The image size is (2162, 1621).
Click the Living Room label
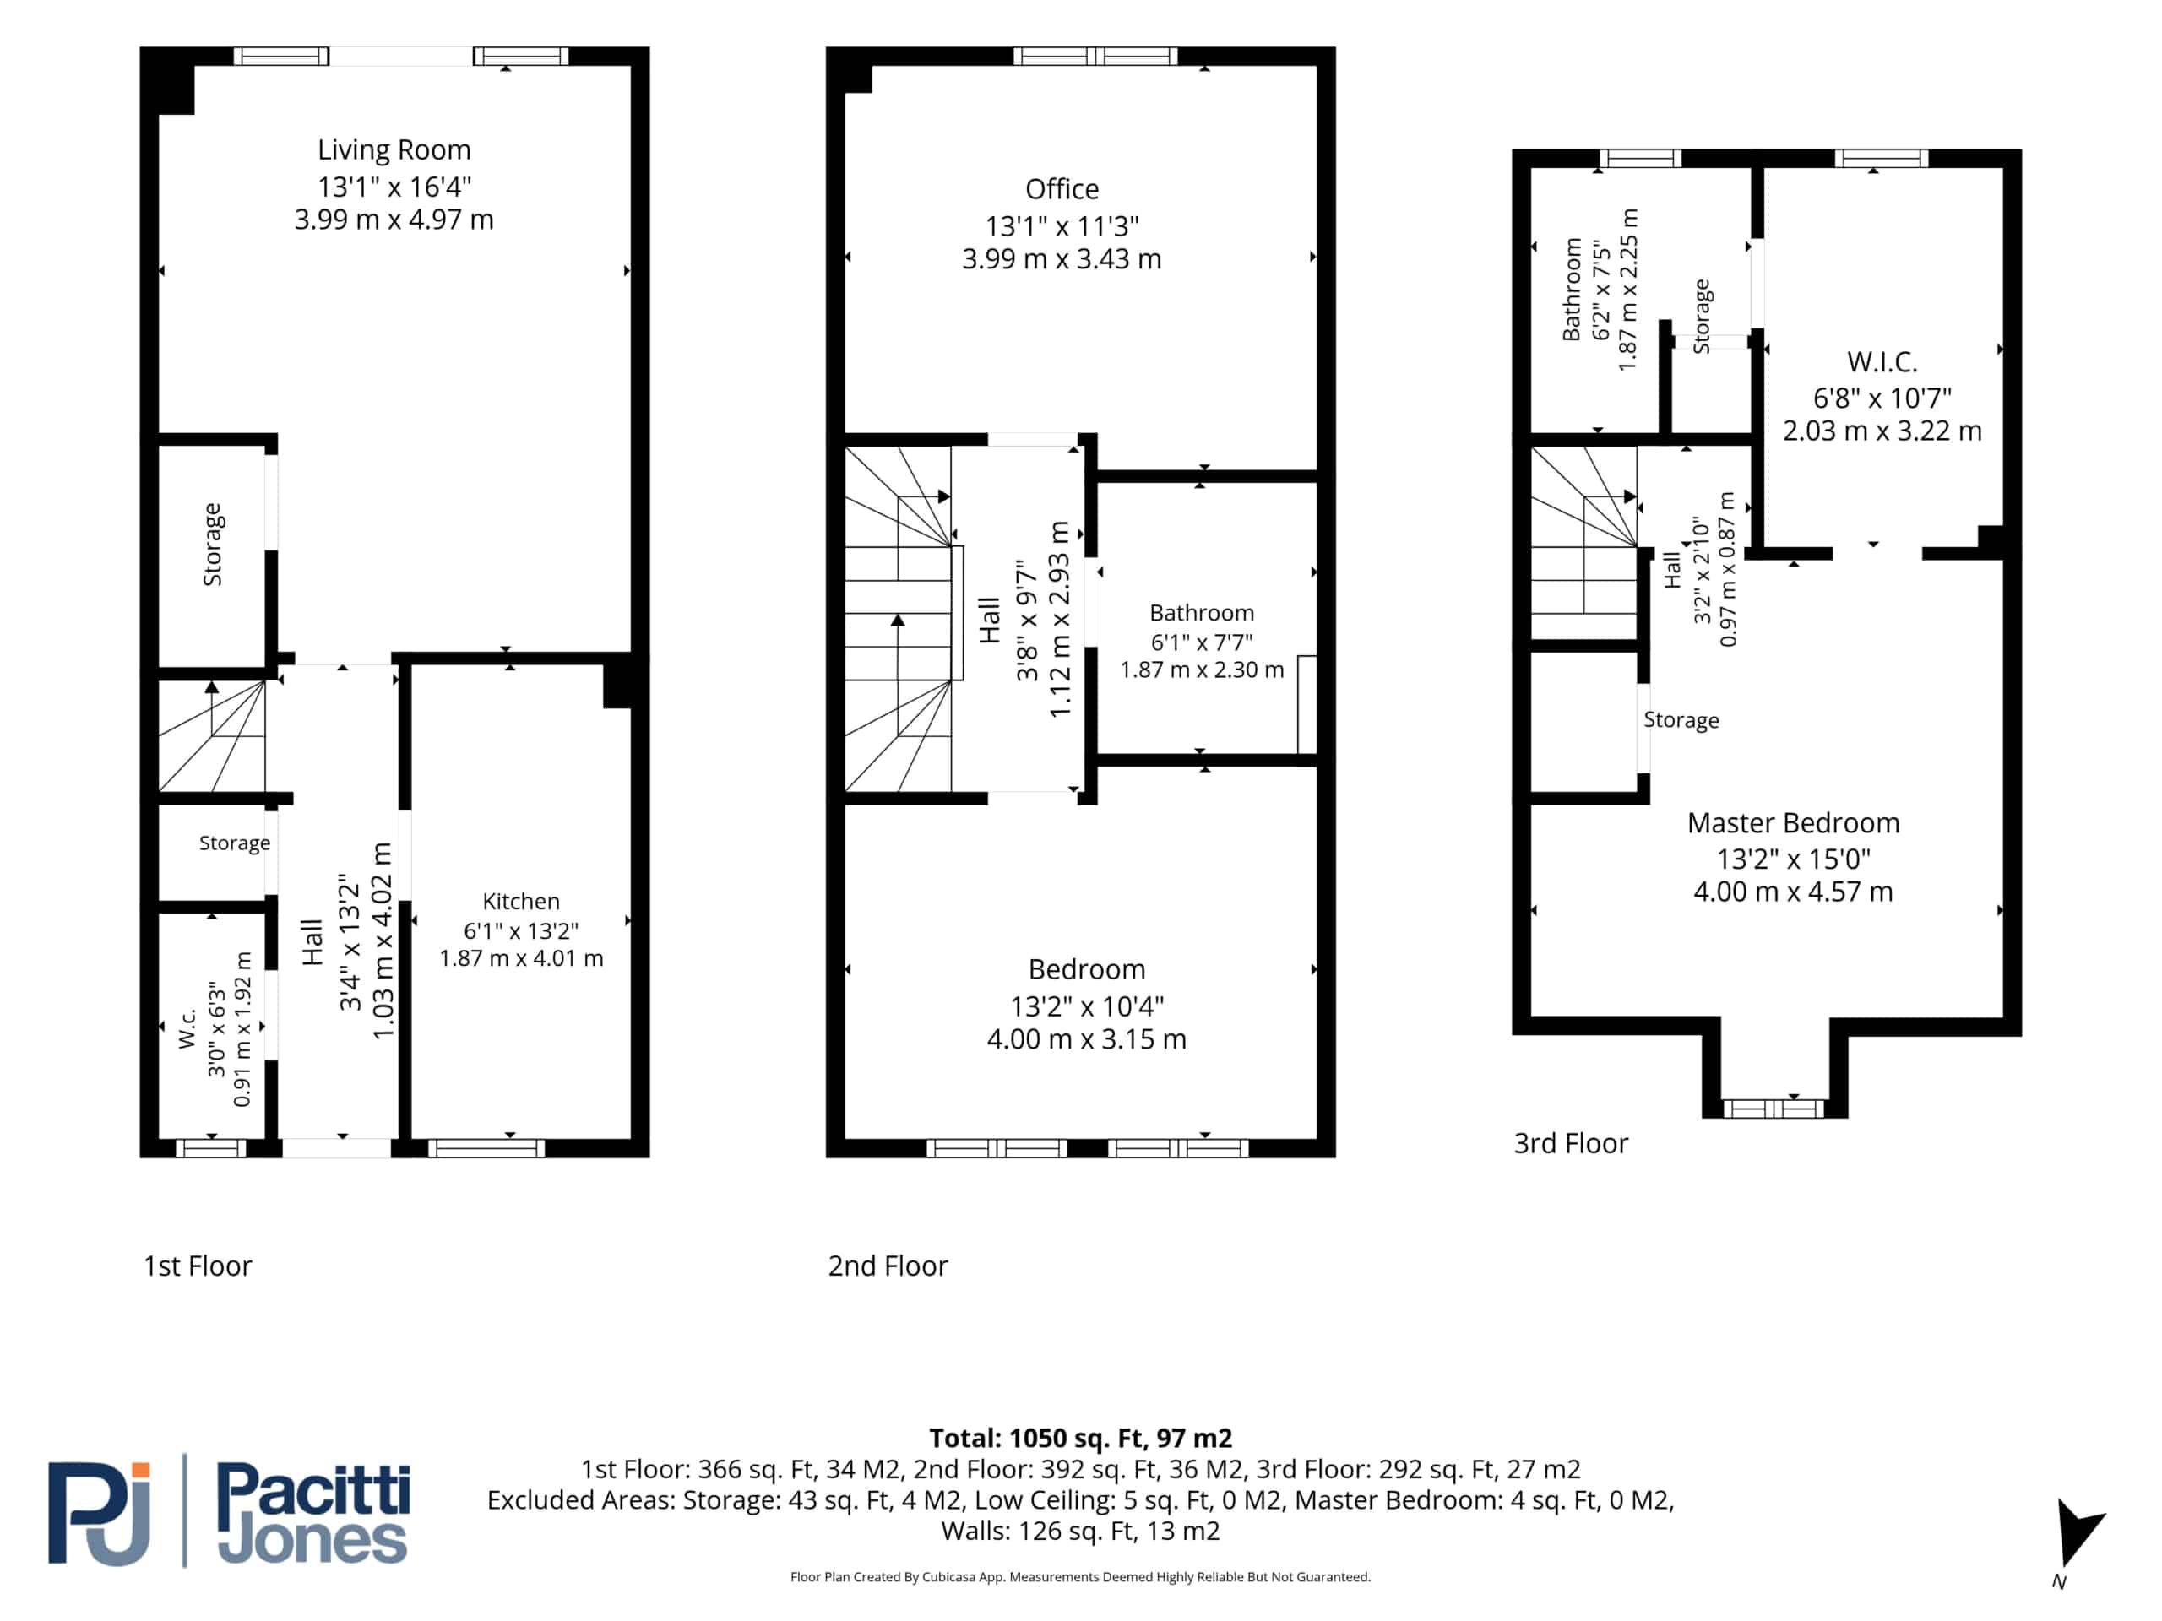point(394,149)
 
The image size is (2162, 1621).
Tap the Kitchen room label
point(521,901)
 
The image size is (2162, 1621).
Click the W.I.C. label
point(1882,361)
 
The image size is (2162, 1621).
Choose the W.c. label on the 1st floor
point(187,1029)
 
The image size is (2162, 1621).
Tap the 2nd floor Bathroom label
point(1201,613)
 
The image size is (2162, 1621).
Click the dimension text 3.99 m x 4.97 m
point(394,219)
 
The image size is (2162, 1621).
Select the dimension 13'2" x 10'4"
point(1086,1006)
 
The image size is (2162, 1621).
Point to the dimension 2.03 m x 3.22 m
point(1882,430)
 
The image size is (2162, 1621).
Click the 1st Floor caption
point(198,1266)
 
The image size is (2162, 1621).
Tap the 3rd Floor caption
point(1571,1143)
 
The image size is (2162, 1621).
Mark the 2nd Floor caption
point(888,1266)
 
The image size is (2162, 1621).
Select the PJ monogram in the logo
point(100,1513)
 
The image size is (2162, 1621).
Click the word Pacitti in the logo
point(314,1489)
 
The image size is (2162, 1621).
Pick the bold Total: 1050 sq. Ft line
point(1080,1439)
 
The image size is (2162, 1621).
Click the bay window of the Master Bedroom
point(1773,1108)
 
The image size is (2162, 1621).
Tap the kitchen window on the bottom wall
point(486,1148)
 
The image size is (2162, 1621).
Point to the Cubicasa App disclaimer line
point(1080,1577)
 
